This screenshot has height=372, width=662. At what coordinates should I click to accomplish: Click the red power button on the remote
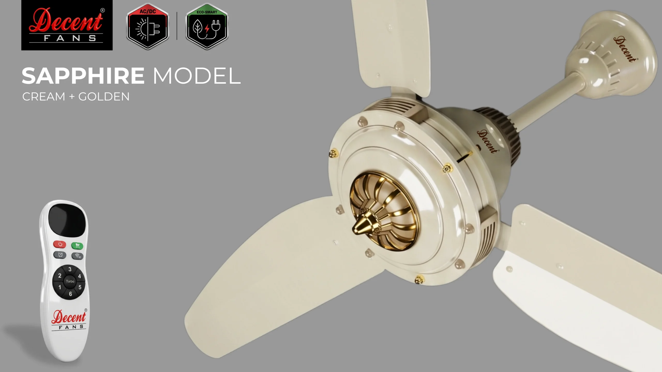[x=60, y=244]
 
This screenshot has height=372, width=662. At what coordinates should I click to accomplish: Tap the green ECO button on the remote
[x=77, y=246]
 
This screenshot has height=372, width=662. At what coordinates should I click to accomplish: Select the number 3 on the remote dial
[x=70, y=269]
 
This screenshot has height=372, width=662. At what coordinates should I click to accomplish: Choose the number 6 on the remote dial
[x=70, y=294]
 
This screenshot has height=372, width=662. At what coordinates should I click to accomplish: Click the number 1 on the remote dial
[x=60, y=287]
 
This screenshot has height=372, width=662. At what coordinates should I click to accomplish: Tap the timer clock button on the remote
[x=60, y=255]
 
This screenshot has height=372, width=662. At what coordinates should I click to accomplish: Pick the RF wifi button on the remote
[x=77, y=256]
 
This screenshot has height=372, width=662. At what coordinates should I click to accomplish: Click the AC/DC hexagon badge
[x=148, y=26]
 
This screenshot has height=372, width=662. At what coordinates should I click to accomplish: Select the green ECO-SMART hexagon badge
[x=207, y=26]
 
